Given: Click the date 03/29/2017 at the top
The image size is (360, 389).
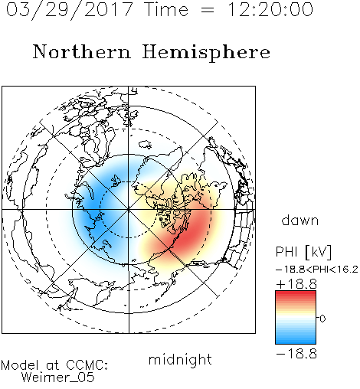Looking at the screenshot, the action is tap(70, 10).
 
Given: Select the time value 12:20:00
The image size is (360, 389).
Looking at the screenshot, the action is tap(270, 9).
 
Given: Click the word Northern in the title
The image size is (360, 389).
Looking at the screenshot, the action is tap(82, 51).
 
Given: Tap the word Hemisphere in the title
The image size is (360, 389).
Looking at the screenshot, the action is tap(206, 53).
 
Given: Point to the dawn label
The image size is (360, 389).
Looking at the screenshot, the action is tap(300, 220).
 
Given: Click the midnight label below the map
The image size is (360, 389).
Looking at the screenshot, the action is tap(180, 360).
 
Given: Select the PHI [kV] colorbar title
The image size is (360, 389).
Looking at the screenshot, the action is tap(303, 252).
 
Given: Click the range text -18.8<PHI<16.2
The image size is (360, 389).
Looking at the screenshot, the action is tap(317, 270).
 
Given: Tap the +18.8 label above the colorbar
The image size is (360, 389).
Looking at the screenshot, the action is tap(296, 284).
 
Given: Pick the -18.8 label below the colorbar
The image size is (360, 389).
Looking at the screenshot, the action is tap(296, 354).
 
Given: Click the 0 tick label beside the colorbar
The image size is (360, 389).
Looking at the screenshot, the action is tap(322, 319).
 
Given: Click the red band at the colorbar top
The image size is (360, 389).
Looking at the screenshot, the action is tap(296, 294).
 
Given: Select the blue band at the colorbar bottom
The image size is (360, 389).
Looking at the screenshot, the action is tap(296, 341).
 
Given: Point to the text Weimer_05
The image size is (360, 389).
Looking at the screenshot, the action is tap(58, 378).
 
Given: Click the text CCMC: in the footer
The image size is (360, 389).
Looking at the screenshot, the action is tap(87, 365).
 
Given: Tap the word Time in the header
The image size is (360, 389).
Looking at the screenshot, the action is tap(166, 9).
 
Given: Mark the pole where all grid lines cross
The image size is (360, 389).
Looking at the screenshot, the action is tap(129, 210).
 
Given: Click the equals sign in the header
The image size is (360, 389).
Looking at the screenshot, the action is tap(207, 10).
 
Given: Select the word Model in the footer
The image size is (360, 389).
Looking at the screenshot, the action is tap(20, 365).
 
